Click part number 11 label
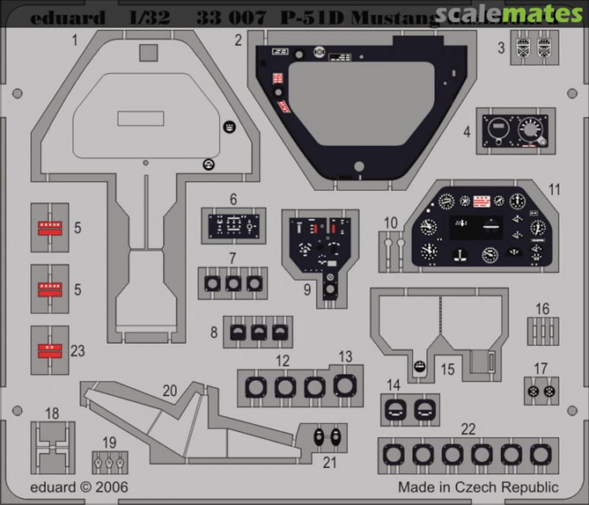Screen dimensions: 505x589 point(554,189)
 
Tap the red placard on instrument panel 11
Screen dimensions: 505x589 point(482,201)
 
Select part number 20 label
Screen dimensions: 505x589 point(170,390)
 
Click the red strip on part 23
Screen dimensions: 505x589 point(50,351)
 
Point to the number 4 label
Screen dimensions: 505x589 point(467,131)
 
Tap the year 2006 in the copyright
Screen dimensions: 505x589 point(111,486)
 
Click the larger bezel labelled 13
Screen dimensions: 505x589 point(345,386)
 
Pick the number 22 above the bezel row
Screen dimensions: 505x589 point(468,429)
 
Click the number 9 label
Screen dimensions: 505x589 point(307,289)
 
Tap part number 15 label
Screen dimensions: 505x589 point(447,369)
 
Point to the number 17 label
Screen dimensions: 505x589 point(540,369)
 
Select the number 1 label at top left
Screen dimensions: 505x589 point(74,39)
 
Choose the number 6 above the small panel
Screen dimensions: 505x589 point(233,200)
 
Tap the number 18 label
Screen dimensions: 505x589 point(52,413)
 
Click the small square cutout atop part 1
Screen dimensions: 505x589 point(148,53)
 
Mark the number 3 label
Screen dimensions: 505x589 point(501,47)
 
